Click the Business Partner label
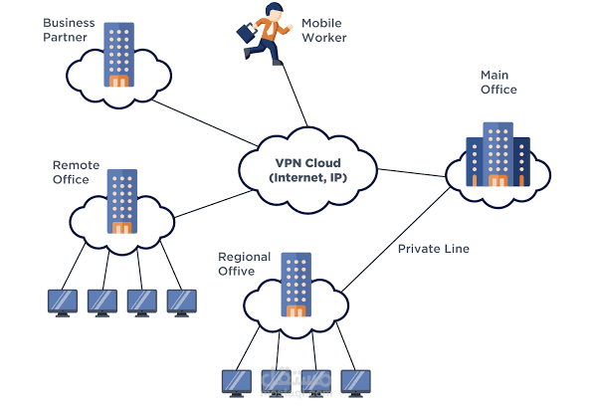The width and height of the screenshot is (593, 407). (69, 30)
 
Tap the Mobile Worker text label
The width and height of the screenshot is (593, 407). (324, 30)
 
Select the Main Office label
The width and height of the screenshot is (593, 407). (498, 82)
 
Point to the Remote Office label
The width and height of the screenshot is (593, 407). (76, 172)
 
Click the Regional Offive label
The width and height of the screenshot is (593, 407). (245, 264)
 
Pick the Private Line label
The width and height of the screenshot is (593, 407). (434, 249)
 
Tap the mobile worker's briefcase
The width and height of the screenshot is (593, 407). (246, 33)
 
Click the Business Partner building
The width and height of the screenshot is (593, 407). (118, 55)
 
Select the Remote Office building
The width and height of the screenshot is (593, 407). (122, 201)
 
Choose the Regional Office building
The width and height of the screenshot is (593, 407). (296, 285)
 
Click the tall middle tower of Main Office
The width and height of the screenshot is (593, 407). (498, 154)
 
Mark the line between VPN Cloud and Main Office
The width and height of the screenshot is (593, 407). (412, 173)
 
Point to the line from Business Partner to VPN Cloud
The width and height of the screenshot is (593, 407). (205, 123)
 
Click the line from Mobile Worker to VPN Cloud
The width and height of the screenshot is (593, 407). (295, 95)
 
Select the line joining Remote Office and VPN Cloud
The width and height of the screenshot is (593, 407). (214, 204)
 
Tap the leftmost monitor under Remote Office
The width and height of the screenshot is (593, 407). (63, 303)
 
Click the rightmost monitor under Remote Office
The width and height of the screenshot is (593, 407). (182, 303)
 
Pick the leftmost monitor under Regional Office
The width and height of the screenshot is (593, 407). (237, 383)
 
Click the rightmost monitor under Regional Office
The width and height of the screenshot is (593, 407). (356, 383)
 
